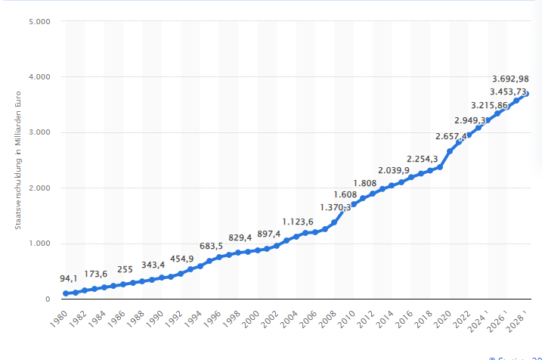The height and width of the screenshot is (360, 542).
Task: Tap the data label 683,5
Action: tap(211, 246)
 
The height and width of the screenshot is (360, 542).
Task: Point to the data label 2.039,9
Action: tap(394, 170)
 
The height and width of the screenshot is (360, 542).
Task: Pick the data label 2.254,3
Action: tap(423, 159)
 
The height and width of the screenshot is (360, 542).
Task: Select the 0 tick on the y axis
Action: tap(46, 299)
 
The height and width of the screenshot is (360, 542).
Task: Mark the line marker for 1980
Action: tap(67, 293)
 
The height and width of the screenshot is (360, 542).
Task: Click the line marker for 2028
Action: tap(526, 94)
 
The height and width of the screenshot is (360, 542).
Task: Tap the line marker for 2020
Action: tap(450, 151)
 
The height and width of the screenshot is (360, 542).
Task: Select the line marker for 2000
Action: tap(258, 250)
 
